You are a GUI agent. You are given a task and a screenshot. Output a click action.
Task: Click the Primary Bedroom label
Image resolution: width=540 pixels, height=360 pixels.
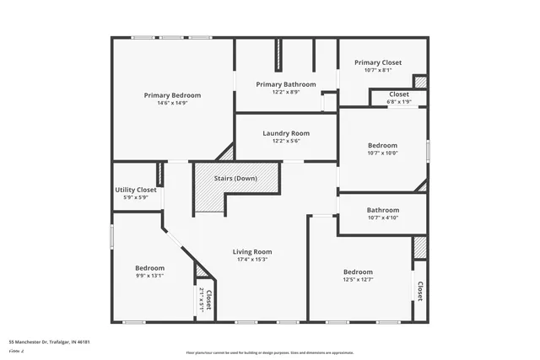[172, 95]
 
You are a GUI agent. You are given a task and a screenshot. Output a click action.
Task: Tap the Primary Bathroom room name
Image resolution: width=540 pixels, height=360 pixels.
[286, 84]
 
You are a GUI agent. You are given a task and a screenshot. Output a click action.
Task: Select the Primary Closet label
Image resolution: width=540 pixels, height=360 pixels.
[378, 62]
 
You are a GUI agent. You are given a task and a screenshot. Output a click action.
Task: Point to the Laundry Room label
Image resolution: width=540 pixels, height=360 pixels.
[286, 133]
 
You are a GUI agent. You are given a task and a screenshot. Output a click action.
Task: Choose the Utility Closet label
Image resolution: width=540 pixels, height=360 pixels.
[136, 190]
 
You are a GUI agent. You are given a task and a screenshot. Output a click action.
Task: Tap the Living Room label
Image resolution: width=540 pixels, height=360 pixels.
[252, 251]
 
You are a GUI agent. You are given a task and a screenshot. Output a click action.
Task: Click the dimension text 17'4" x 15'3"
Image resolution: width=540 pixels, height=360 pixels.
[252, 260]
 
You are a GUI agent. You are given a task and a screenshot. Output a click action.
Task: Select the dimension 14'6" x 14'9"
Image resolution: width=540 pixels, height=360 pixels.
[172, 104]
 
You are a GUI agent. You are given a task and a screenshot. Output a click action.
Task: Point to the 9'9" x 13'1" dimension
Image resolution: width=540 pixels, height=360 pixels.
[149, 275]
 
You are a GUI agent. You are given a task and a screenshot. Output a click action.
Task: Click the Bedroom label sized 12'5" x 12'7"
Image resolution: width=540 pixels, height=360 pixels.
[358, 271]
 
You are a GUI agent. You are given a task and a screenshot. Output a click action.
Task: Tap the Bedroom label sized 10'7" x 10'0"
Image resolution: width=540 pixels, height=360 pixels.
[382, 145]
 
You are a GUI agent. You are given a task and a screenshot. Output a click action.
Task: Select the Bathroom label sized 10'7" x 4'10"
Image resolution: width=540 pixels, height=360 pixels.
[382, 210]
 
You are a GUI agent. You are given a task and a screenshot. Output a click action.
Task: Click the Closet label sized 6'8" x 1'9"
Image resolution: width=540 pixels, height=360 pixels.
[399, 94]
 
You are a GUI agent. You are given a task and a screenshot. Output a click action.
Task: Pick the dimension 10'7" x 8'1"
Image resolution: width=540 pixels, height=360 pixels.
[378, 71]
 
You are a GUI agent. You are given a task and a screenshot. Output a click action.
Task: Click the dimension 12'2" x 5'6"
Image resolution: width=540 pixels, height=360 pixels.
[286, 142]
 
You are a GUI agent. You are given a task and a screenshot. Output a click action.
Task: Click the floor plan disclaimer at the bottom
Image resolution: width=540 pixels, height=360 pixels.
[270, 352]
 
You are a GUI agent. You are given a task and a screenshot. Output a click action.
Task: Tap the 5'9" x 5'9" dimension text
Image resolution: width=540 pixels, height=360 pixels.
[136, 198]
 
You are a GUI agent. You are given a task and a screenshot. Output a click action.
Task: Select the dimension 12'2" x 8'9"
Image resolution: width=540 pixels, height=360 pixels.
[286, 92]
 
